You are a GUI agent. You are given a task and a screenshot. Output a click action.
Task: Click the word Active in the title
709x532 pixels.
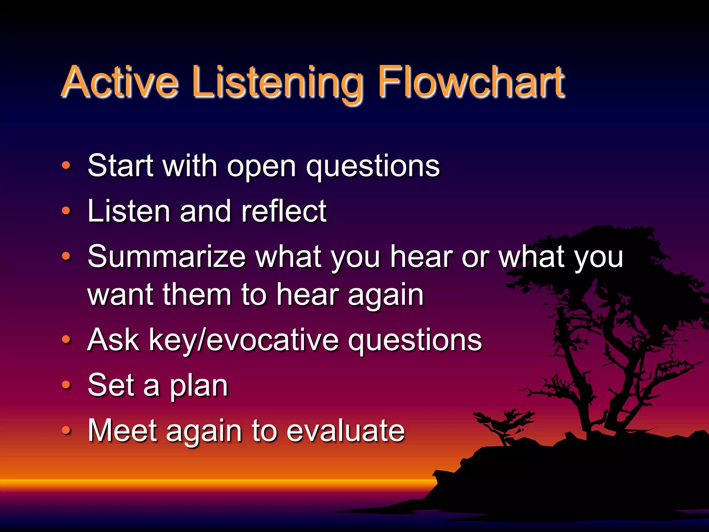[x=120, y=82]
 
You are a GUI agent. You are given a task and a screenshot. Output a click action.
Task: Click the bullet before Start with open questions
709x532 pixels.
[x=66, y=166]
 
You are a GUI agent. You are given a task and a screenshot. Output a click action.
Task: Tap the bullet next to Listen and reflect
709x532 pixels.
[x=66, y=211]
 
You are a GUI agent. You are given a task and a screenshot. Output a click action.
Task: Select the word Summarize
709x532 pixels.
[x=167, y=257]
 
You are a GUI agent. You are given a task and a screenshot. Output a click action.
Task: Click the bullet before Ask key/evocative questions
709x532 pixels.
[x=66, y=340]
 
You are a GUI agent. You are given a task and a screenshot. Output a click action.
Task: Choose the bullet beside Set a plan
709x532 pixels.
[x=66, y=384]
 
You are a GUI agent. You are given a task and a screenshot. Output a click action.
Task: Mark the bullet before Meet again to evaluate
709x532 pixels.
[x=66, y=430]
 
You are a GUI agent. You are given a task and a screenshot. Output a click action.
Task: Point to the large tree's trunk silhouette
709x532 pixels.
[x=589, y=398]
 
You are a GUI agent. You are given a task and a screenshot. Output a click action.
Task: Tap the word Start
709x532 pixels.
[x=120, y=166]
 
